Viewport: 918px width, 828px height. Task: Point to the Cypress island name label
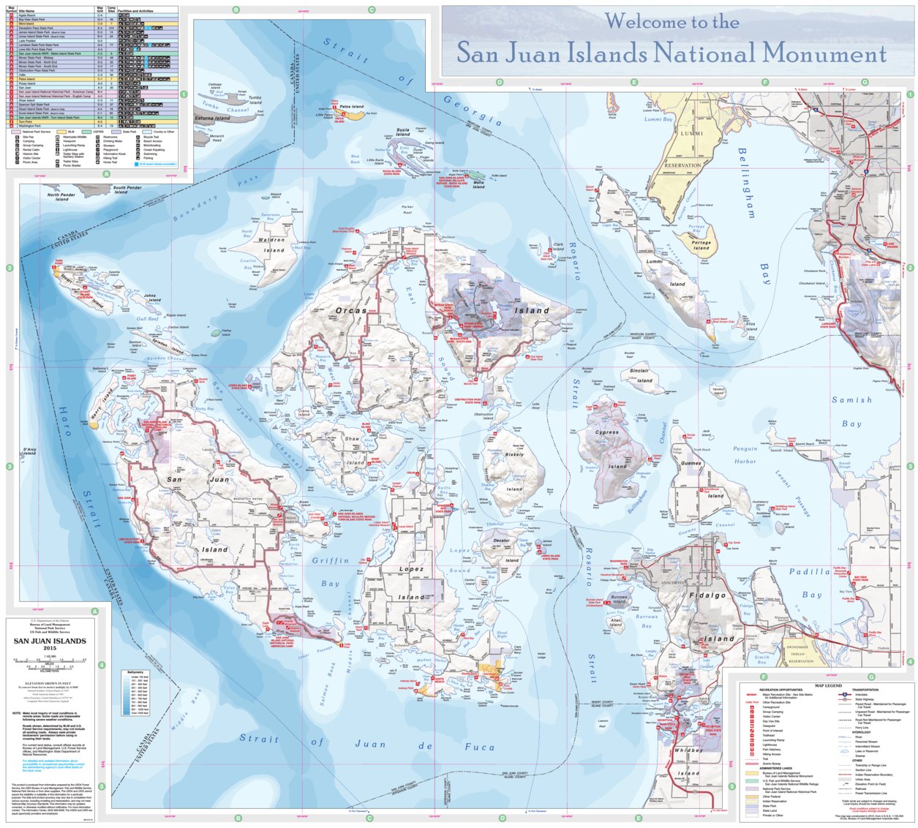(606, 432)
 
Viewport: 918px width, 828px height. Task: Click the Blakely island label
(514, 454)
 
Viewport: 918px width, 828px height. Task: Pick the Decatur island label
(502, 541)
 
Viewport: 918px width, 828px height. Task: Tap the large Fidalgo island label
(707, 595)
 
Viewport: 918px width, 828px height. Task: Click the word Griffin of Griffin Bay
(331, 560)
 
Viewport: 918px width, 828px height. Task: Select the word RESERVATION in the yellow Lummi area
(682, 165)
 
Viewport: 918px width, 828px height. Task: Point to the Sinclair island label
(639, 371)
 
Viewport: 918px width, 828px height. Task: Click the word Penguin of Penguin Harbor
(745, 449)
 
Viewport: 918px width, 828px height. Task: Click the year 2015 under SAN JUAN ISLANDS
(50, 648)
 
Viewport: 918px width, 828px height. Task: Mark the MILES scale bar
(50, 666)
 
